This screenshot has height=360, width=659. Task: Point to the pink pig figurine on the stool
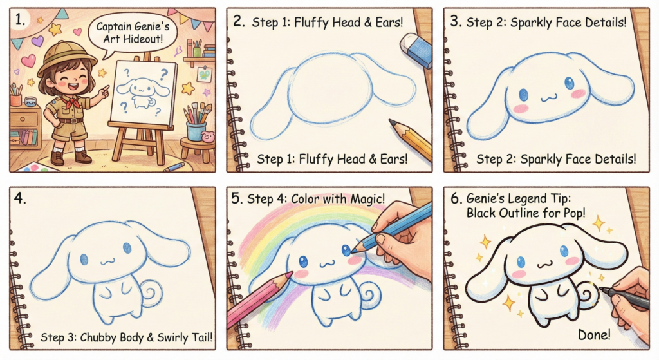(207, 137)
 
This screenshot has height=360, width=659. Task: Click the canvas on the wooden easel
(142, 93)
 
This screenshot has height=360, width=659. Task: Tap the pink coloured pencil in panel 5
(259, 299)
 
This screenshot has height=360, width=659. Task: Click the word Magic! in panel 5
(366, 198)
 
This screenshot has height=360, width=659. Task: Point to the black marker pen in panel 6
(623, 298)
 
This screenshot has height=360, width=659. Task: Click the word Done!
(594, 335)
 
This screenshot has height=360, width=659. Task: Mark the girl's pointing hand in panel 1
(104, 90)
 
